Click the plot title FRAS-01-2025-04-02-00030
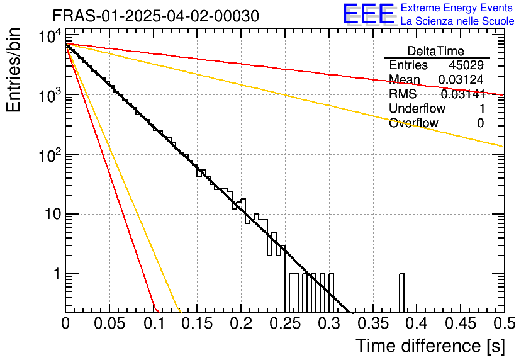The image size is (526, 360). point(155,16)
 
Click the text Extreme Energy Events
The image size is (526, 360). point(457,8)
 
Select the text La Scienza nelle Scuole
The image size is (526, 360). point(457,21)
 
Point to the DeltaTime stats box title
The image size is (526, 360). point(436,51)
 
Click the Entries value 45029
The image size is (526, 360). point(466,65)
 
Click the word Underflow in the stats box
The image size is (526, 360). point(415,109)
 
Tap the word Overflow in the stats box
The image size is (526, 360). point(413,123)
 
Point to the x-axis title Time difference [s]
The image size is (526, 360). point(429,346)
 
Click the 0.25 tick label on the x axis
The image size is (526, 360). point(285,324)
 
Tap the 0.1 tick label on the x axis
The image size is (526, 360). point(154,324)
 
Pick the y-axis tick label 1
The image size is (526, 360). point(55,274)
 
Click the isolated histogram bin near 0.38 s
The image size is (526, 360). point(401,293)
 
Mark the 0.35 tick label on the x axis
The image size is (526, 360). point(372,324)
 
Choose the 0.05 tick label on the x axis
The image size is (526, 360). point(109,324)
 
